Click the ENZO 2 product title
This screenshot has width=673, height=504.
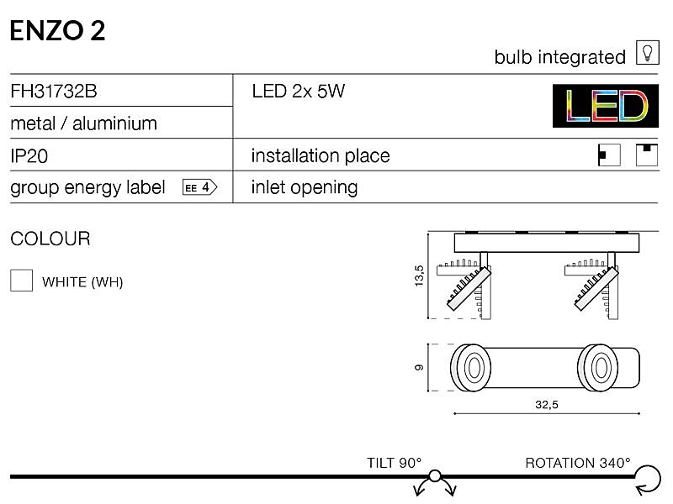57,31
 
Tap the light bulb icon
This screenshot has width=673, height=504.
647,53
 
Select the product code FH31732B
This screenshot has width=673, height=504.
54,91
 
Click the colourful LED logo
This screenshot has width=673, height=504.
605,106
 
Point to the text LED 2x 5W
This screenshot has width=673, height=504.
299,91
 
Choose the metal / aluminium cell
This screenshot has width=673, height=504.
83,123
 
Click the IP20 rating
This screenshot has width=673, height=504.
29,156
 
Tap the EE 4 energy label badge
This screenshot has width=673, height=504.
200,187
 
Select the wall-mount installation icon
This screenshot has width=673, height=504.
609,155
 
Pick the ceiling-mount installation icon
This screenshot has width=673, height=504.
647,155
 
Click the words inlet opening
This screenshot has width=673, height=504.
305,187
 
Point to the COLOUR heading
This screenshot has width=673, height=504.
50,239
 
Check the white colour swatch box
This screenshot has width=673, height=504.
22,281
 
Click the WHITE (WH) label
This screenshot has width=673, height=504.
82,282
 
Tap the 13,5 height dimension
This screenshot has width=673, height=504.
419,276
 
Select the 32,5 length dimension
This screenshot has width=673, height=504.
546,405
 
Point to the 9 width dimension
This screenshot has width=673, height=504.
419,367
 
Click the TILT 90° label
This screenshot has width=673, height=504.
394,463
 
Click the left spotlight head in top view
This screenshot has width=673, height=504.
470,368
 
